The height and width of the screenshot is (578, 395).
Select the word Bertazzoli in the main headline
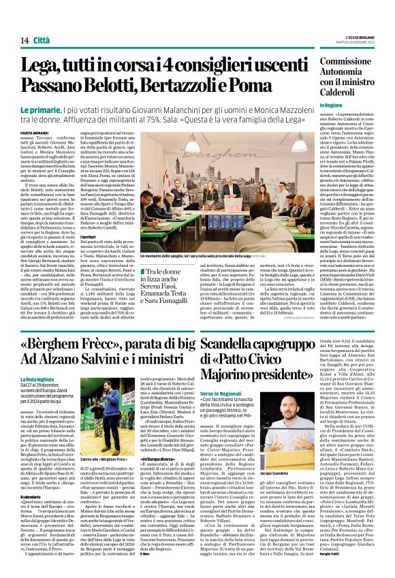click(x=192, y=86)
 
